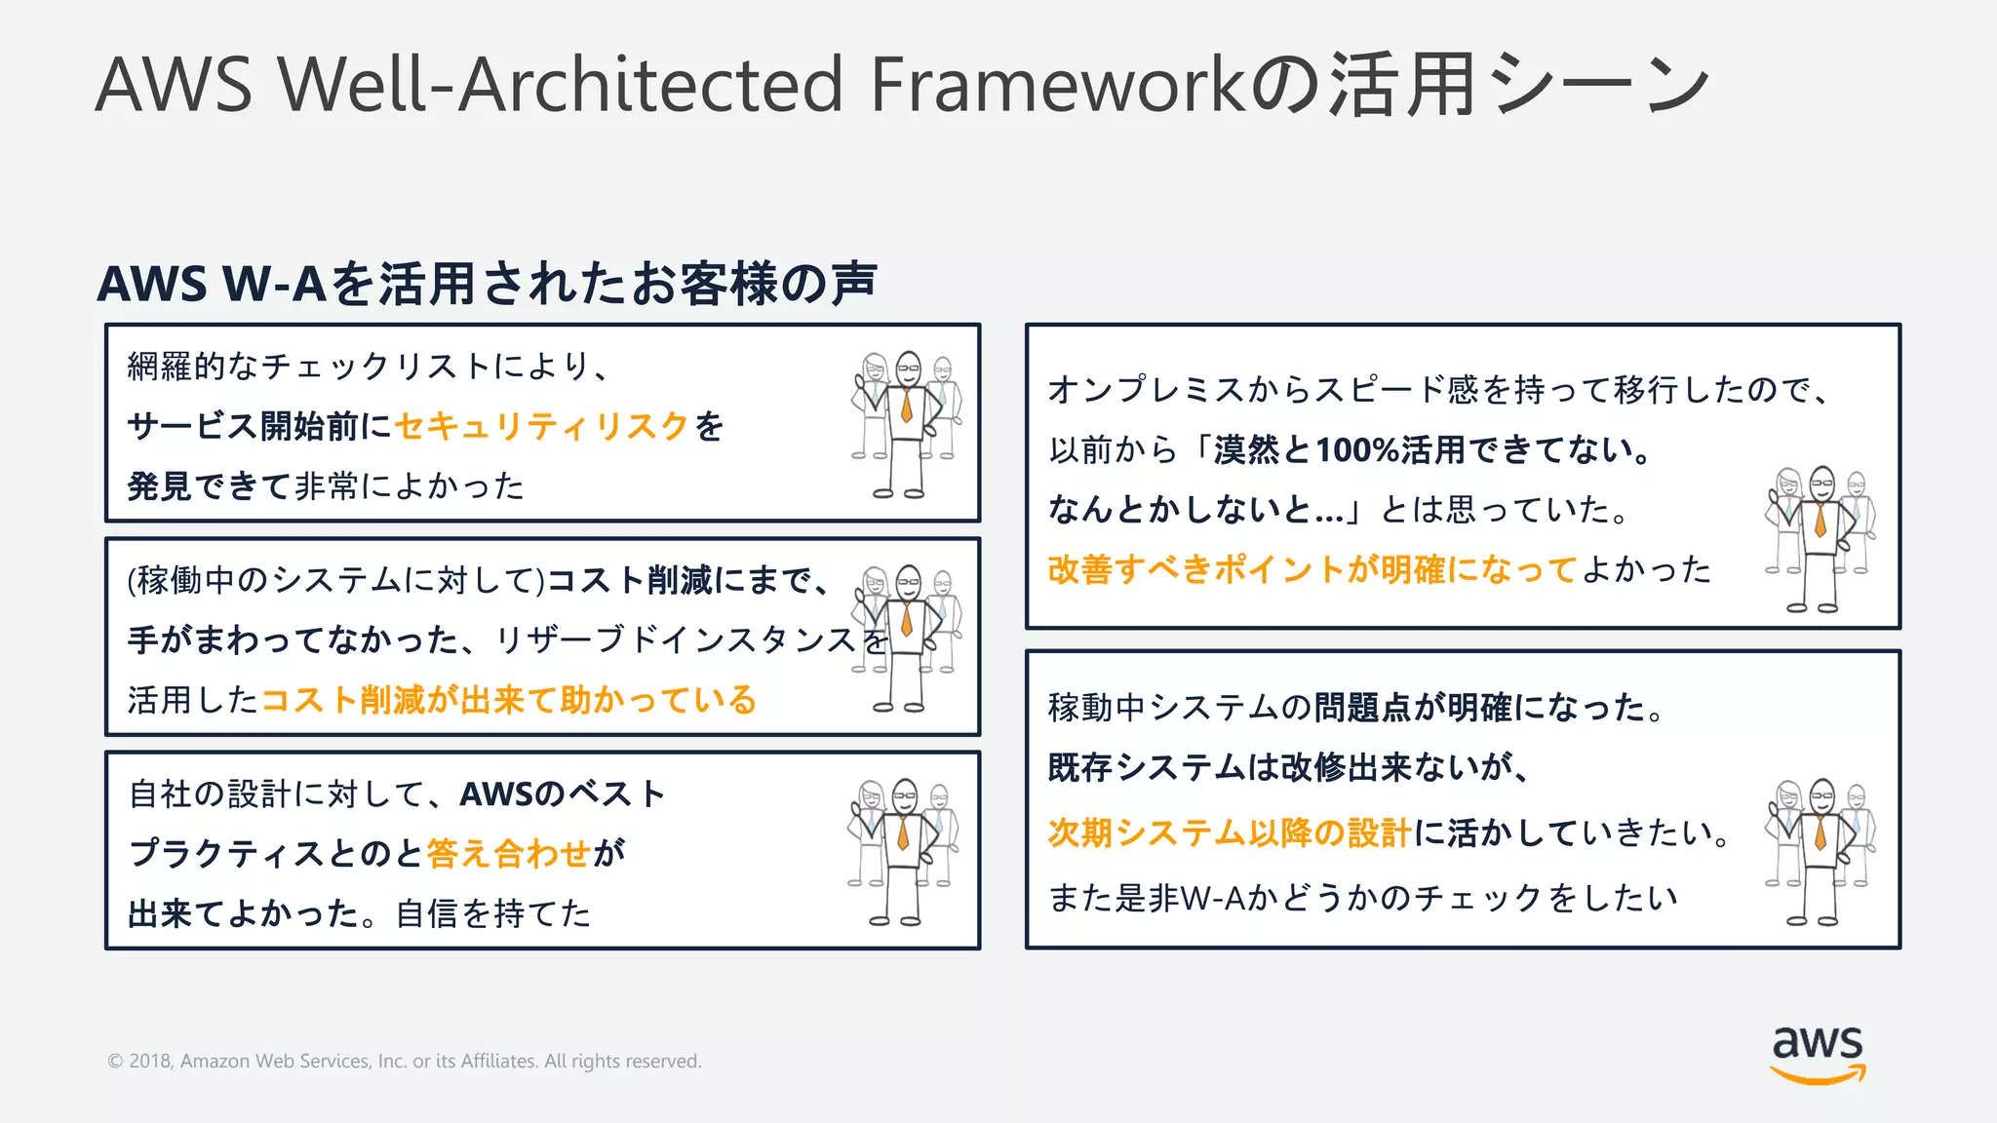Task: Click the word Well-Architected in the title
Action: click(x=561, y=85)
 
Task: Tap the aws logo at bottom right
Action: click(x=1818, y=1053)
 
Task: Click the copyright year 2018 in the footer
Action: click(x=150, y=1061)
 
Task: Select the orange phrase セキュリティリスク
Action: click(x=542, y=426)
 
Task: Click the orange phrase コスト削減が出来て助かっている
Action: click(x=508, y=700)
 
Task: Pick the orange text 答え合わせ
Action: click(x=508, y=854)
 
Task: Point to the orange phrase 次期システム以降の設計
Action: click(x=1230, y=833)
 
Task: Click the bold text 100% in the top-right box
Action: click(x=1356, y=449)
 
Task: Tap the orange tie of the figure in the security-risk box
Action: click(x=907, y=404)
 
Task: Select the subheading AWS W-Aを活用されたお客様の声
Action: click(x=487, y=284)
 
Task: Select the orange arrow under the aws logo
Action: click(x=1818, y=1076)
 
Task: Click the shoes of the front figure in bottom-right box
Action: click(x=1812, y=920)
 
